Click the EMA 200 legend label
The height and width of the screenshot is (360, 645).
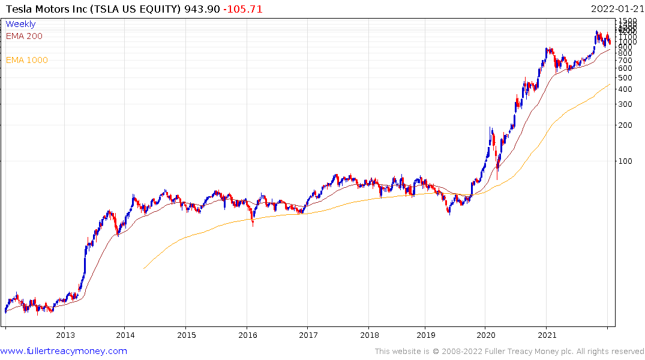(24, 36)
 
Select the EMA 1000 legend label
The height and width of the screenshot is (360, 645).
(26, 60)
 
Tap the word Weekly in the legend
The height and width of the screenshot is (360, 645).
(20, 24)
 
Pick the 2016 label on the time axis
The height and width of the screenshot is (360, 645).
(247, 334)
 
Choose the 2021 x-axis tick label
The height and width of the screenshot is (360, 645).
(547, 334)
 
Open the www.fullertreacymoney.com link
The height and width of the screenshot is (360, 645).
(64, 351)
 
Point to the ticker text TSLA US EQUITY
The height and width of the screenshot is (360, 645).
(141, 9)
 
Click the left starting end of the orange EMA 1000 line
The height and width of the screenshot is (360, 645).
(144, 268)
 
